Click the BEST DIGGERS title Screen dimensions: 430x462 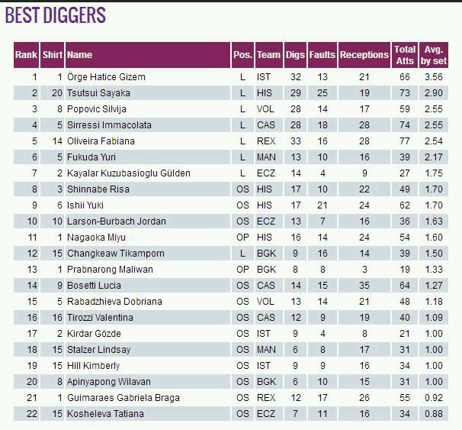[56, 15]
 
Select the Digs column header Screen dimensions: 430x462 [295, 55]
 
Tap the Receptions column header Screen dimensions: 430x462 [364, 55]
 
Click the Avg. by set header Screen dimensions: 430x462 [434, 55]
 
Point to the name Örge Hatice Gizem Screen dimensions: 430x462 [106, 77]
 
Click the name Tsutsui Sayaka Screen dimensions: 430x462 [99, 93]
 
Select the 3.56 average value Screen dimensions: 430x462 [434, 77]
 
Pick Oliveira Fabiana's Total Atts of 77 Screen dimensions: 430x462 [404, 141]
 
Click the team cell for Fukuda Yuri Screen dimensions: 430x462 [264, 157]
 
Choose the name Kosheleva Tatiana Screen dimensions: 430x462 [105, 414]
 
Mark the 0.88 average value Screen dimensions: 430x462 [434, 414]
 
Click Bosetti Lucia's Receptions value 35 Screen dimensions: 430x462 [364, 286]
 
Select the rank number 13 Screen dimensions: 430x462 [32, 270]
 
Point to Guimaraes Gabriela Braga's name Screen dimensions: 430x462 [120, 398]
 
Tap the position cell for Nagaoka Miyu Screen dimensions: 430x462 [242, 238]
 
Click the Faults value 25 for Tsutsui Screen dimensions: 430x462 [322, 93]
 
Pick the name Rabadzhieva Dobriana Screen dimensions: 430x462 [114, 302]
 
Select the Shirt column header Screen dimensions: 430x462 [53, 55]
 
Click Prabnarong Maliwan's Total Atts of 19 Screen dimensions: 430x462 [404, 270]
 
